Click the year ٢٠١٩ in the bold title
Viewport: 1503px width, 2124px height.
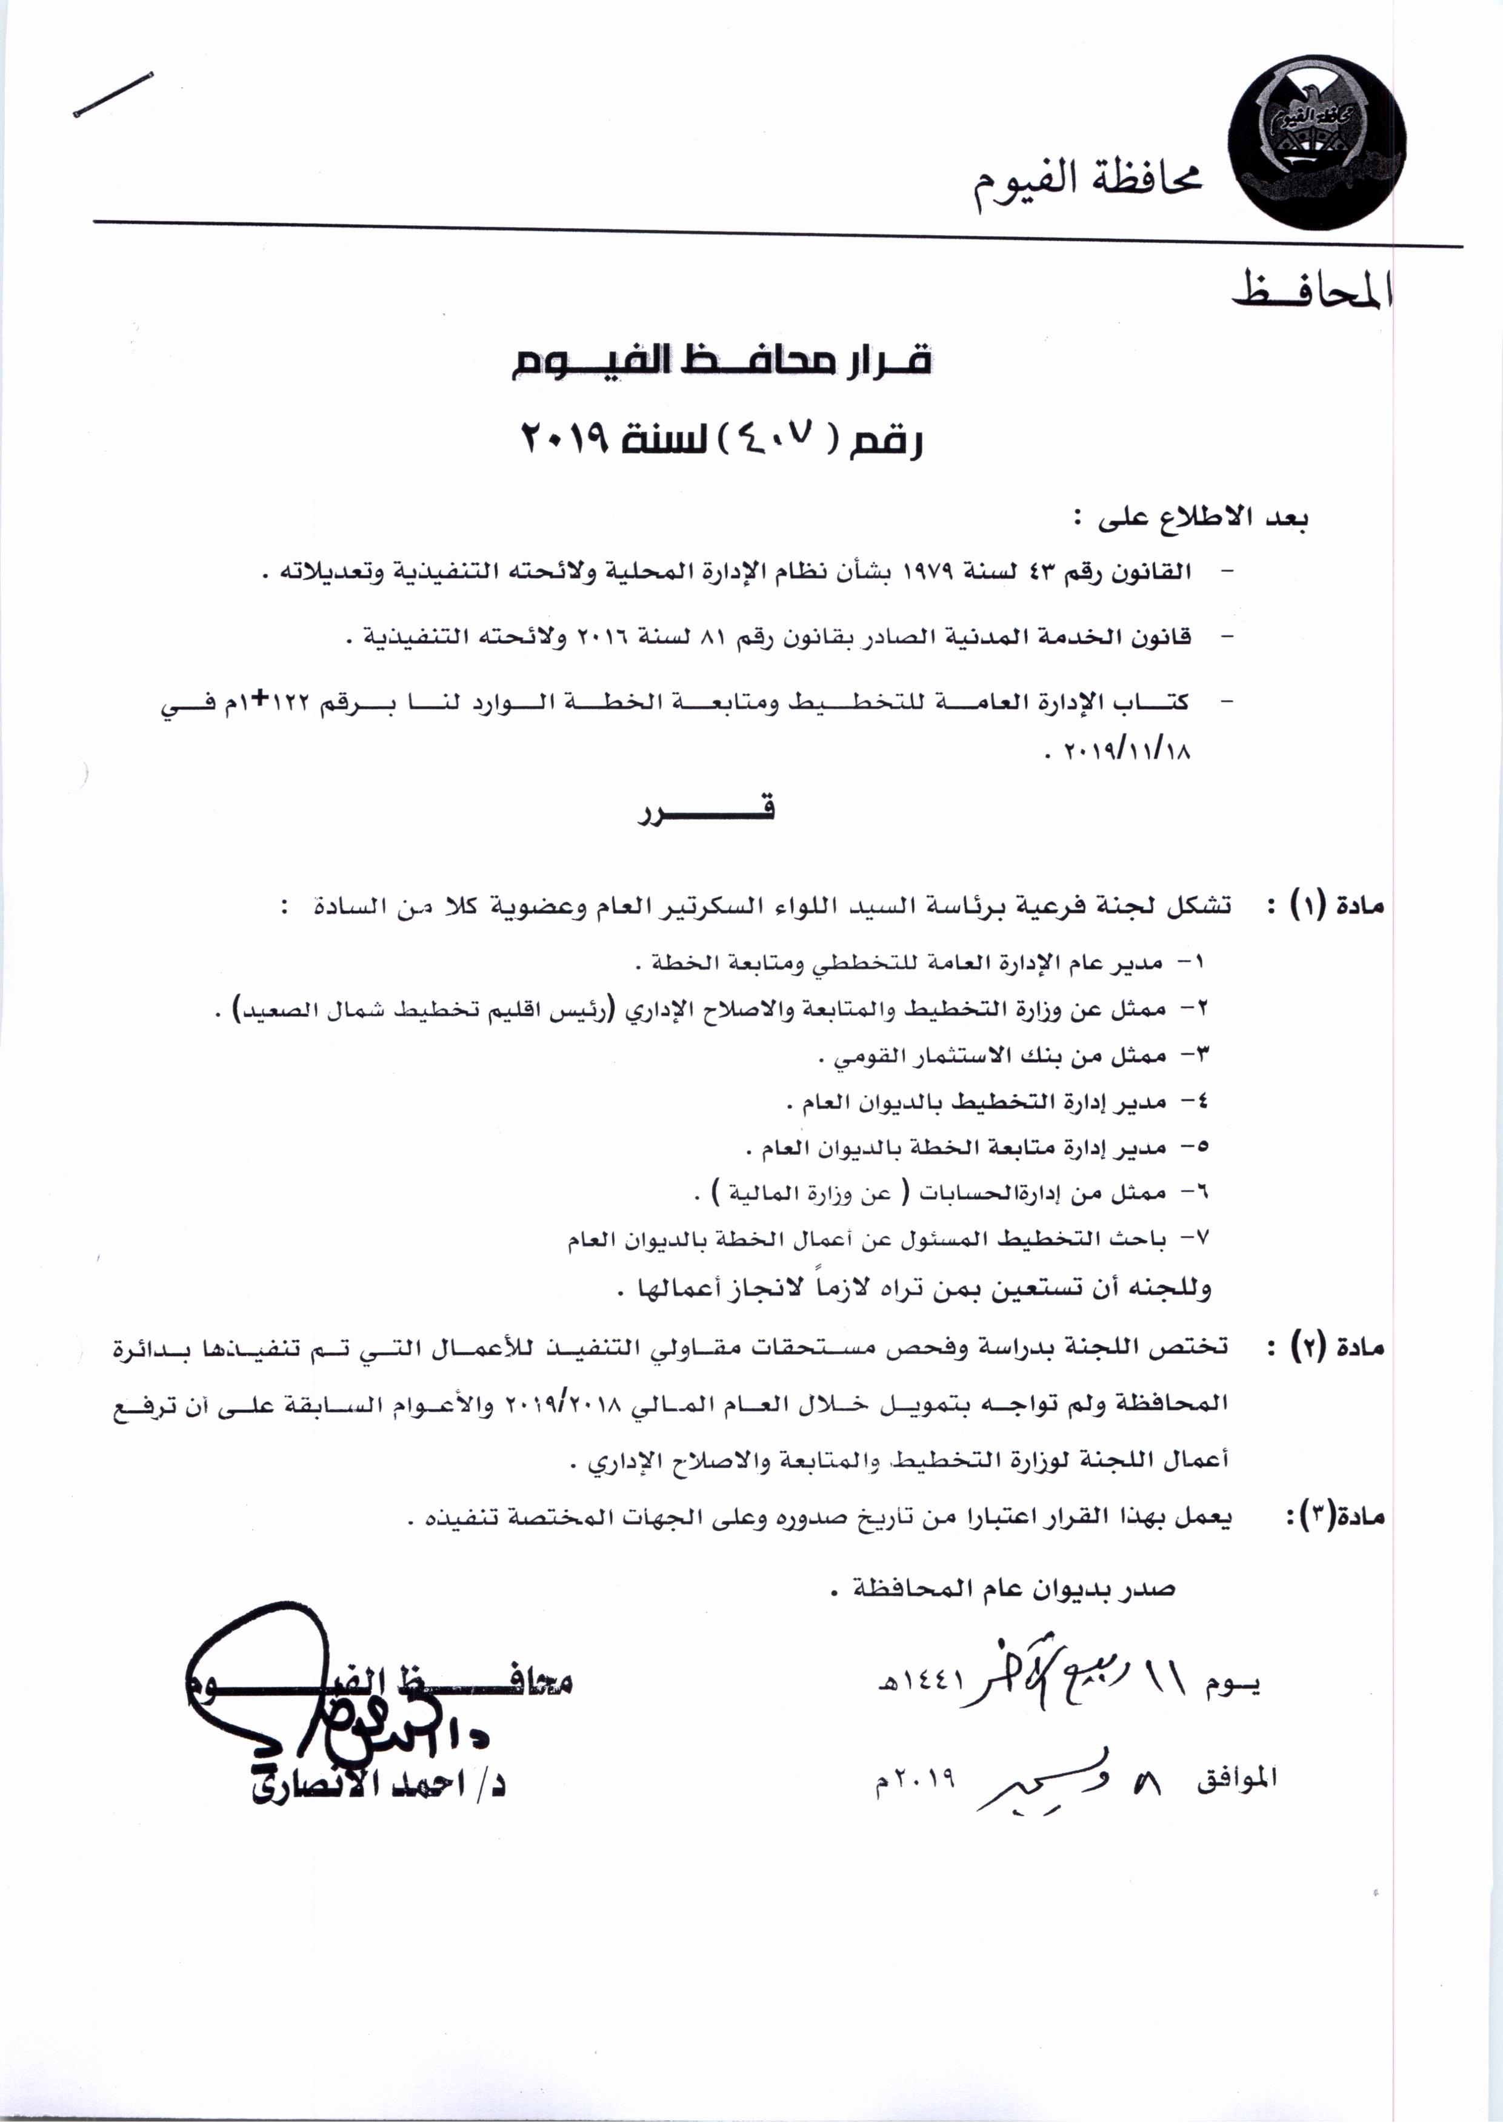point(565,437)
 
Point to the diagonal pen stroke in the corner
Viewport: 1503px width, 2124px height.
point(112,94)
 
